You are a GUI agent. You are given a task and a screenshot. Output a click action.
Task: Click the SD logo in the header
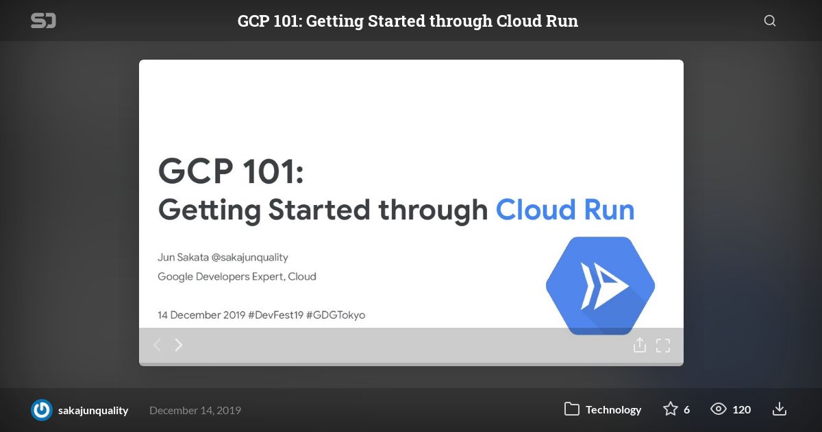click(43, 21)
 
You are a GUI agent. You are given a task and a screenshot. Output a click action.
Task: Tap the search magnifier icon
click(770, 21)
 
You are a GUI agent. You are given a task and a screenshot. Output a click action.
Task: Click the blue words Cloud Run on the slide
click(564, 210)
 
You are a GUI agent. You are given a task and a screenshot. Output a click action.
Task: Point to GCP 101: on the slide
click(231, 171)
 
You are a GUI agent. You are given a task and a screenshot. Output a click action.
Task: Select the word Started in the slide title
click(319, 210)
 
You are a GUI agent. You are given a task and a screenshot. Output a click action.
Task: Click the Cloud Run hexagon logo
click(600, 285)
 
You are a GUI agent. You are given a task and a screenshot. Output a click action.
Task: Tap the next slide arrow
click(179, 345)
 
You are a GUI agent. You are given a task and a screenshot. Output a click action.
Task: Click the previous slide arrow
click(157, 345)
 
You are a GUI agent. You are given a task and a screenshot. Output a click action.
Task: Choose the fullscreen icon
click(663, 346)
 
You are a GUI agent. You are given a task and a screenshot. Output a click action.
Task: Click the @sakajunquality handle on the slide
click(249, 257)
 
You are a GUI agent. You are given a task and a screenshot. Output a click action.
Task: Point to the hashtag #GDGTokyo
click(336, 315)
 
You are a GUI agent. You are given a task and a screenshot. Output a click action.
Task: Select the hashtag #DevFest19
click(275, 315)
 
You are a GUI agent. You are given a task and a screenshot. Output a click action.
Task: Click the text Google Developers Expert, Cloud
click(237, 276)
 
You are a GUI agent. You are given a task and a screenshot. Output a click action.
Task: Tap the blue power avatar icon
click(42, 409)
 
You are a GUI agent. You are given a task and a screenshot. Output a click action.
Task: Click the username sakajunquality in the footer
click(93, 410)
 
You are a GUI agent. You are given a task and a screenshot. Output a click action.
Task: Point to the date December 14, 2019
click(195, 410)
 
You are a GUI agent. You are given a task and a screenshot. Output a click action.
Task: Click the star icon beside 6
click(671, 409)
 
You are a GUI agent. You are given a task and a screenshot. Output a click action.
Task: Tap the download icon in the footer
click(780, 409)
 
